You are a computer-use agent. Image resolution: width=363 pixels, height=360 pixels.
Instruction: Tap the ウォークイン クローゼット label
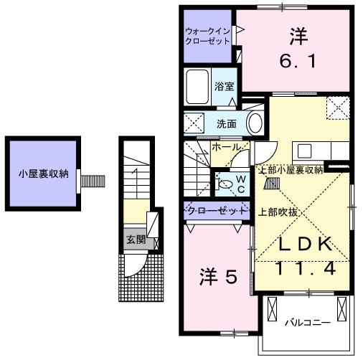click(207, 37)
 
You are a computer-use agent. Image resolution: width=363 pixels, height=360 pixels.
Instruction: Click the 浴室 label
click(224, 87)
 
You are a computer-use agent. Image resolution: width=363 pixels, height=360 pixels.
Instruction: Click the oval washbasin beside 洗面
click(255, 123)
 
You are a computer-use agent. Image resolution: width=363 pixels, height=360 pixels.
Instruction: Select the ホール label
click(225, 147)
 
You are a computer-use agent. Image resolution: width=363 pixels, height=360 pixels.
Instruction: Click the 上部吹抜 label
click(277, 211)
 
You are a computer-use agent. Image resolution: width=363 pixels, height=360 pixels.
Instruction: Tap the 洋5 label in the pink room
click(217, 277)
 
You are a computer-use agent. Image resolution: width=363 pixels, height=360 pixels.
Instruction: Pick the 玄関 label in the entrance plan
click(136, 240)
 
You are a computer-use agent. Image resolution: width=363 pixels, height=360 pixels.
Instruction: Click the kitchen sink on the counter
click(304, 151)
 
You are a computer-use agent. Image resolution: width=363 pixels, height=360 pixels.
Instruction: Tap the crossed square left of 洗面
click(192, 122)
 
